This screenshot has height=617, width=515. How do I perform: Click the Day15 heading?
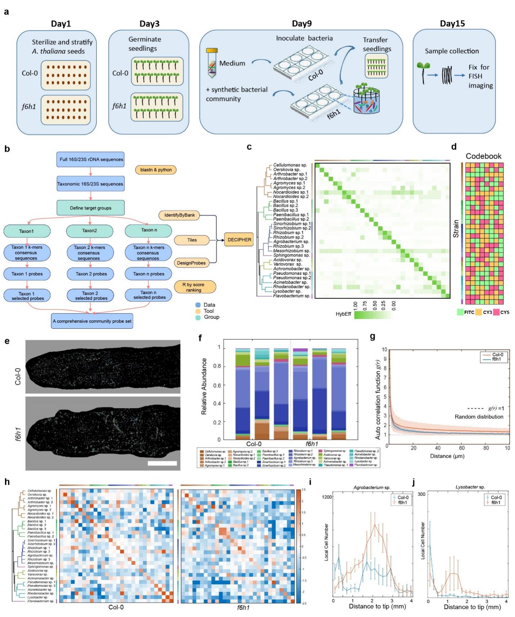tap(452, 24)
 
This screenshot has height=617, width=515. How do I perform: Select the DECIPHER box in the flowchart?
tap(239, 240)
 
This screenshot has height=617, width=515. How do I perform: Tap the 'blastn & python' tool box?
tap(156, 170)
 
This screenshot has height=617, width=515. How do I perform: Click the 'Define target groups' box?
tap(90, 208)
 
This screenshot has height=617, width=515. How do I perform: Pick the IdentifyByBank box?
tap(179, 215)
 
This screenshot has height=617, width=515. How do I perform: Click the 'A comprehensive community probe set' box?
tap(92, 321)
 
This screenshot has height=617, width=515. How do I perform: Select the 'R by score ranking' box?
tap(194, 287)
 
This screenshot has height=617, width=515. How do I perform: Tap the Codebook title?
tap(483, 156)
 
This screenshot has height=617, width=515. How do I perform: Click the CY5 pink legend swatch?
tap(496, 312)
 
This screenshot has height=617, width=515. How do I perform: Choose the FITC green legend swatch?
tap(460, 312)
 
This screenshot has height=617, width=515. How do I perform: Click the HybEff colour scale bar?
tap(373, 315)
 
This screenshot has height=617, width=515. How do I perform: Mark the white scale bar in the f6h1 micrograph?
tap(162, 463)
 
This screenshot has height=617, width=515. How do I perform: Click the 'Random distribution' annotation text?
tap(479, 417)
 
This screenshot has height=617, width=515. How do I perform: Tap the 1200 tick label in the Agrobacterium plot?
tap(327, 497)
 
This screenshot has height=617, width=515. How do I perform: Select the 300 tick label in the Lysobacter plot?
tap(421, 494)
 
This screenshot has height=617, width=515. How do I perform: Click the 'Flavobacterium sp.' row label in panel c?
tap(292, 296)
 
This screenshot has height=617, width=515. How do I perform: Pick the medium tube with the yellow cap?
tap(211, 63)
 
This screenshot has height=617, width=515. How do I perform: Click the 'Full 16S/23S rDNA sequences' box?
tap(90, 159)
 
